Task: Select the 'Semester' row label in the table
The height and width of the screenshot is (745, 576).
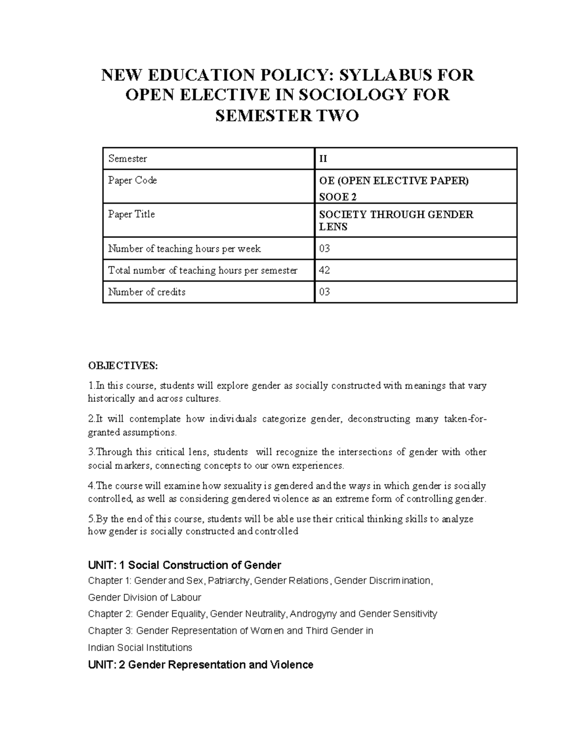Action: point(128,159)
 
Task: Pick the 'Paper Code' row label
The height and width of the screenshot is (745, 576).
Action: point(132,180)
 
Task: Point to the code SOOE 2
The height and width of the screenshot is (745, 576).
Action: point(338,197)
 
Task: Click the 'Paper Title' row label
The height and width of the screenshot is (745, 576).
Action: point(132,214)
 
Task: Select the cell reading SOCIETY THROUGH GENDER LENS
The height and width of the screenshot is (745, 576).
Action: point(396,220)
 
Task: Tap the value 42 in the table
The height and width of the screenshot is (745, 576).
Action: point(324,271)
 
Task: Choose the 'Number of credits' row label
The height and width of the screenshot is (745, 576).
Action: point(147,292)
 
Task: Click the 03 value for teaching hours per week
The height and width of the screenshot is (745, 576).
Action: point(324,248)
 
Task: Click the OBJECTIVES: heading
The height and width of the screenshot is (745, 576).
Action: point(122,366)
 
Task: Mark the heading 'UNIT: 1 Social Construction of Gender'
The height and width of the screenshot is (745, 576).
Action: point(184,565)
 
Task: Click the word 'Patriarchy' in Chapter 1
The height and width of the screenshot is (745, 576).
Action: point(229,581)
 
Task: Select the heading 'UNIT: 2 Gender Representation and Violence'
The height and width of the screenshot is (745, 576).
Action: point(201,665)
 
